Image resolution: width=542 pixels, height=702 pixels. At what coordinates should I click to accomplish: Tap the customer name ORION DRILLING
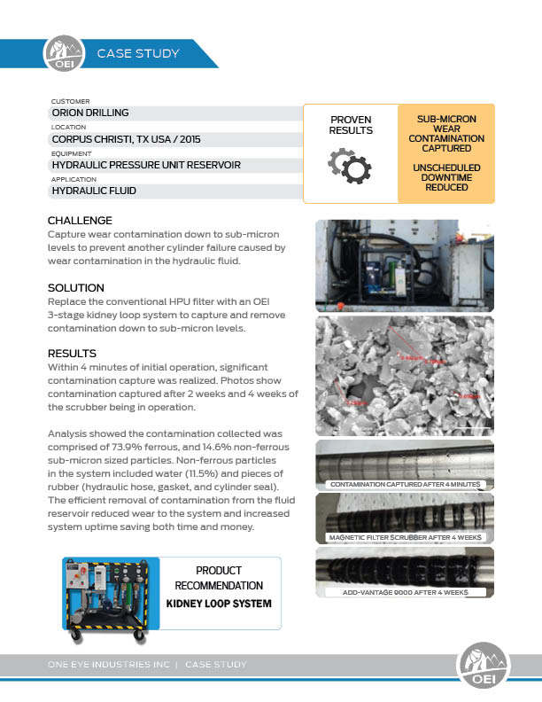90,113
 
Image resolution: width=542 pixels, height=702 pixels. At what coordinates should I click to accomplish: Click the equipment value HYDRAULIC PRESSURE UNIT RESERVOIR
146,165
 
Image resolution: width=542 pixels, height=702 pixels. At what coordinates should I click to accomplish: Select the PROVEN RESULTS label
351,125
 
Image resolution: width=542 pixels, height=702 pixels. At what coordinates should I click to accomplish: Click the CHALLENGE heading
80,220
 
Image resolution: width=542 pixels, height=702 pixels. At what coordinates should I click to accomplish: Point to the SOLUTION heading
76,288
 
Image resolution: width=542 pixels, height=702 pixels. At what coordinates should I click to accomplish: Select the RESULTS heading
72,353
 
